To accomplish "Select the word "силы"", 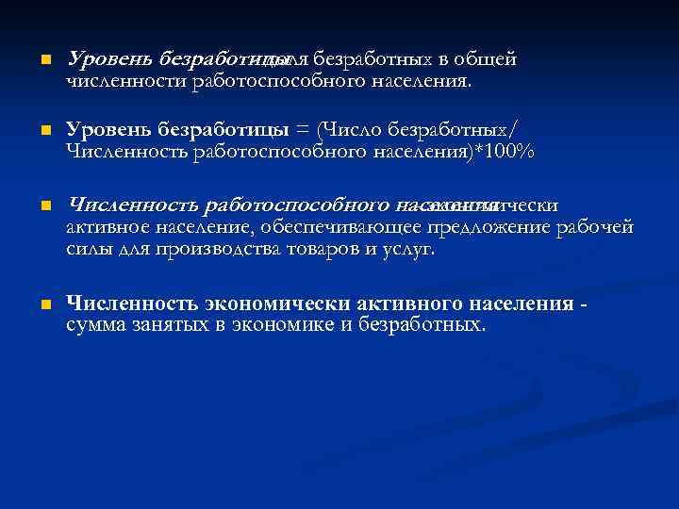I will coord(91,249).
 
